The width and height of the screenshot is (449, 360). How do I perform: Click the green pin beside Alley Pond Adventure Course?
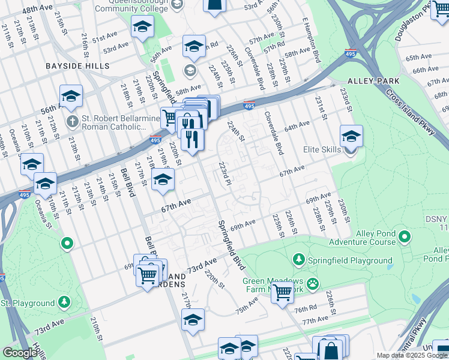click(405, 238)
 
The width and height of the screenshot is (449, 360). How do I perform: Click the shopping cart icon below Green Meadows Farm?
click(282, 293)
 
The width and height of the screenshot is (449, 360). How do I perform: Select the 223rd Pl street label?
click(224, 174)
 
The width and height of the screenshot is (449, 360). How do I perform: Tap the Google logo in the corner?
click(20, 353)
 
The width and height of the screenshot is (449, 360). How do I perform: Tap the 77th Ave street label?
click(315, 321)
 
